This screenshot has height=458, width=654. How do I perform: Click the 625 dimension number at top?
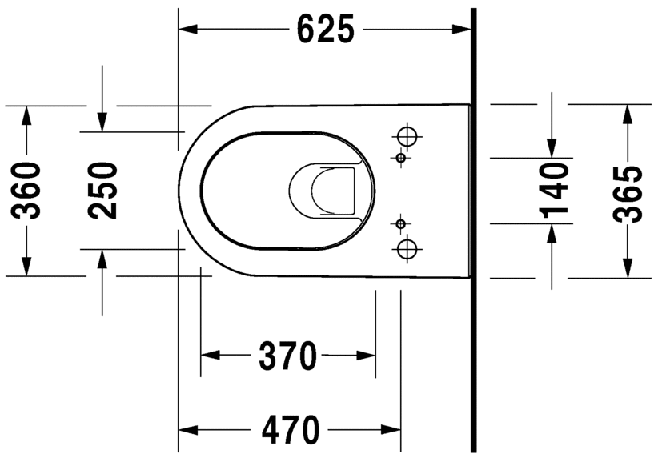(325, 30)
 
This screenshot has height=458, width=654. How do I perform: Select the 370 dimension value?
(287, 356)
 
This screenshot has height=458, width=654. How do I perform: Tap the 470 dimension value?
(289, 430)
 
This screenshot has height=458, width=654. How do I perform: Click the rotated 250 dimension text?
(102, 191)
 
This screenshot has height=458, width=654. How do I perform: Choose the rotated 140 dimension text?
(553, 191)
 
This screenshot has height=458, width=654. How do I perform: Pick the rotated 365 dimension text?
(628, 192)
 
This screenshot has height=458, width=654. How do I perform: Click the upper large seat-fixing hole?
(407, 136)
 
